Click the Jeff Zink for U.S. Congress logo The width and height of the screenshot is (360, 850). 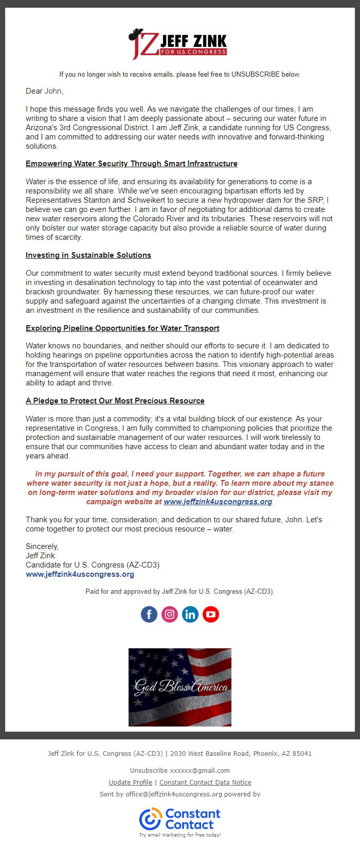coord(178,44)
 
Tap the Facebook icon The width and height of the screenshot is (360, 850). coord(149,614)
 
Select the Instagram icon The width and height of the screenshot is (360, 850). coord(170,614)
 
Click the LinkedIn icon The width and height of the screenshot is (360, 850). coord(190,614)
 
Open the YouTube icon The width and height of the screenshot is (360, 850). coord(211,614)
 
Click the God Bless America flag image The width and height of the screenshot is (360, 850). coord(180,687)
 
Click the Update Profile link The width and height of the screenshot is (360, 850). coord(130,782)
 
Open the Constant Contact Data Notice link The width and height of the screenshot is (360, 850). coord(205,782)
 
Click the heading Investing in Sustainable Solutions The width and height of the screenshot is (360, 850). coord(88,255)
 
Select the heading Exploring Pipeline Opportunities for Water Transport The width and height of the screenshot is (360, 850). coord(122,328)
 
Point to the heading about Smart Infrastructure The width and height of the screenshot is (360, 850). coord(132,164)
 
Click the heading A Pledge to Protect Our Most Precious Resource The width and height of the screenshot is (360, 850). coord(115,401)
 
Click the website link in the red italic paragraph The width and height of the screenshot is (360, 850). coord(218,502)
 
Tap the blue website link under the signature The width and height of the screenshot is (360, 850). coord(80,574)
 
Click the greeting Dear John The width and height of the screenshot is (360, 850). coord(44,91)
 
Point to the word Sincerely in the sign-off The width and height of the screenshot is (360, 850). coord(42,546)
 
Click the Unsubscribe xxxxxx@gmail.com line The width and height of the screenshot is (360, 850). coord(179,770)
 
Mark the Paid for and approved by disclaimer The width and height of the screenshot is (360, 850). coord(180,591)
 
